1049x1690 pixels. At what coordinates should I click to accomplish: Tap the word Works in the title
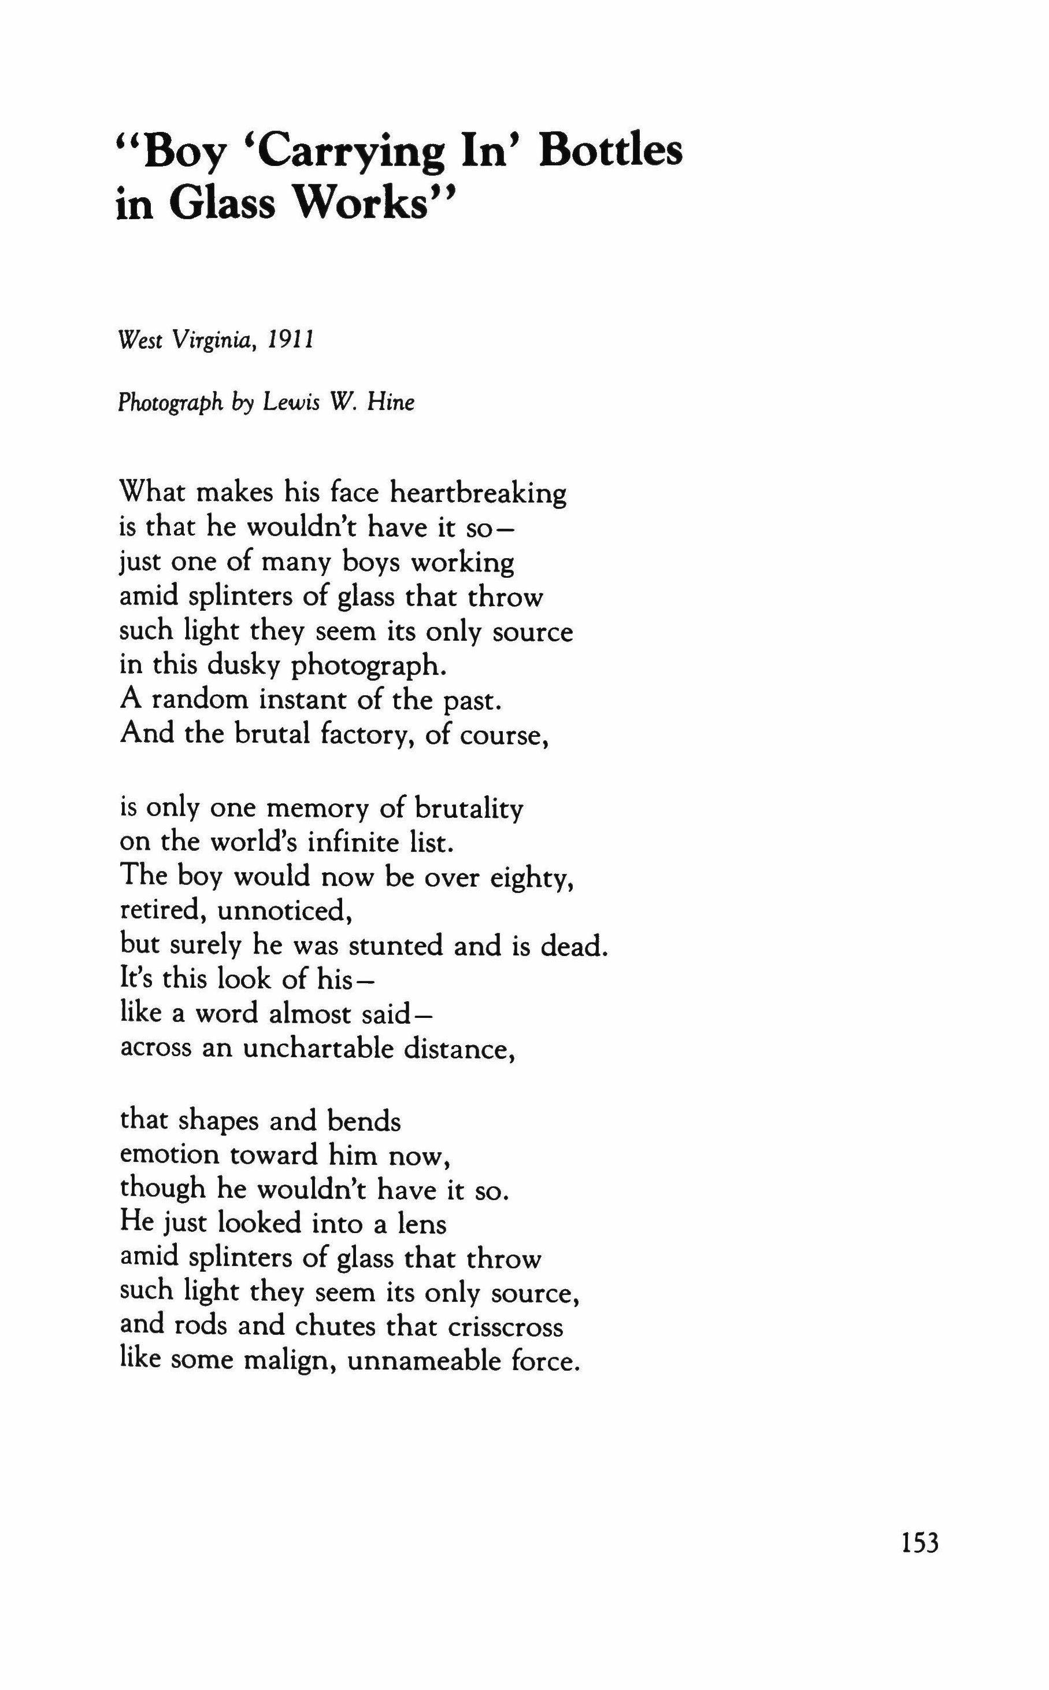(371, 204)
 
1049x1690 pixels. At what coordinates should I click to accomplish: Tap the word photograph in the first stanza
(366, 667)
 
